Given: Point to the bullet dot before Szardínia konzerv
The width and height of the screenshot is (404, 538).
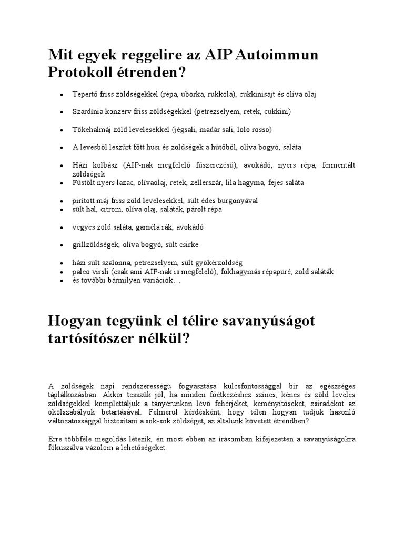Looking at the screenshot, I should (61, 112).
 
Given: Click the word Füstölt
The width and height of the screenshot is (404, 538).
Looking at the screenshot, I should (84, 183).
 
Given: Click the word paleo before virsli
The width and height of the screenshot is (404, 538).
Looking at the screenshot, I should (82, 272).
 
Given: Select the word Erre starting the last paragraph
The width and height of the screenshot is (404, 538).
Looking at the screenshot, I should (56, 439).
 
